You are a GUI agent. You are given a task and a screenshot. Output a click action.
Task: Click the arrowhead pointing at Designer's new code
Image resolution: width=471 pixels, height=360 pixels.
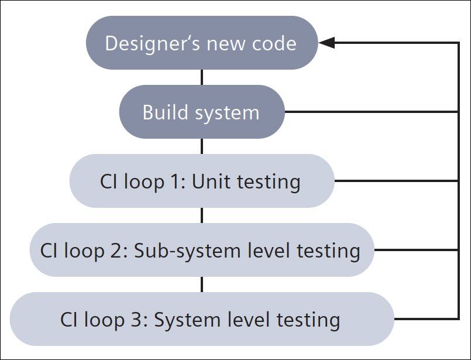point(326,43)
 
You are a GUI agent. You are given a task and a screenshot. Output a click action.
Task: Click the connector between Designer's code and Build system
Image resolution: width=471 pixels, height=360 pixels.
point(202,77)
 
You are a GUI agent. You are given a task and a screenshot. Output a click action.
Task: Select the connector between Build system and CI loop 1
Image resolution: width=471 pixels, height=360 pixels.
point(202,146)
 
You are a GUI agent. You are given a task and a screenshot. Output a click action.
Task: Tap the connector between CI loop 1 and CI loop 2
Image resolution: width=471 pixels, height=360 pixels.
point(202,215)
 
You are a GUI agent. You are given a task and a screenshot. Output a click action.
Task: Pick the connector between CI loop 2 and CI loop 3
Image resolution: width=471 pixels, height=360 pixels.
point(202,284)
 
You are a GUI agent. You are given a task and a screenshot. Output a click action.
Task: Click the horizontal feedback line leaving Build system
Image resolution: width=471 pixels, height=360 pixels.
point(369,112)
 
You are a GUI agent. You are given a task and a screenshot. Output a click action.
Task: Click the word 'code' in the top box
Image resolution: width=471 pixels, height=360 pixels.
point(275,43)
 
